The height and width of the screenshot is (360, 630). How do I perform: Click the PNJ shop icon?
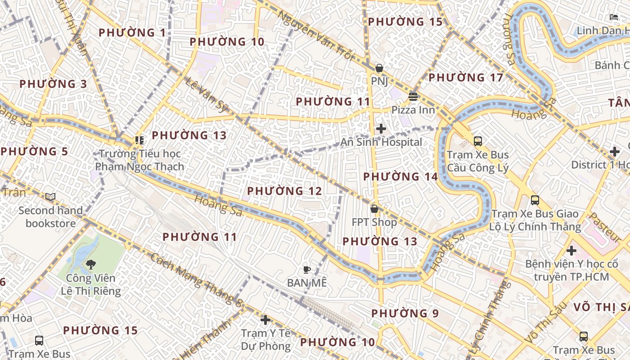click(x=379, y=68)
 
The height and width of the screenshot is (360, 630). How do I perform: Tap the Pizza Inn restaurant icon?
click(x=413, y=97)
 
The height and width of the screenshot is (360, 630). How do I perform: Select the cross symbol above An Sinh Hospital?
click(x=381, y=129)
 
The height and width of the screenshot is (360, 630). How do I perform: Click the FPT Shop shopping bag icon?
click(x=374, y=209)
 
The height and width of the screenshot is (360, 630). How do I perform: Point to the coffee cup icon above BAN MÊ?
click(x=306, y=270)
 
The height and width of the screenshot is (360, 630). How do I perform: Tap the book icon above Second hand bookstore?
click(x=50, y=197)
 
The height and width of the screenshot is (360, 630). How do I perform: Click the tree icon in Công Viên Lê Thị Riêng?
click(x=91, y=264)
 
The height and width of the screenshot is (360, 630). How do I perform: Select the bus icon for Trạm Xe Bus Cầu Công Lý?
click(x=478, y=141)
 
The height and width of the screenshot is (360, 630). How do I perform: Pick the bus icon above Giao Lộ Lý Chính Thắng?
click(x=535, y=200)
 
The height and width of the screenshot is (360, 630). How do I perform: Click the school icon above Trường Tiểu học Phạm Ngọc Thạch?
click(x=139, y=140)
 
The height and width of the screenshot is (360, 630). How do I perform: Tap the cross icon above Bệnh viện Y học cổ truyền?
click(x=571, y=250)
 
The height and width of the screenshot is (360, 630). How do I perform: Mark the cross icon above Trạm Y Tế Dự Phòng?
click(x=265, y=320)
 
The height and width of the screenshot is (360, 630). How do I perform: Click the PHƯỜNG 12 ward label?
click(x=284, y=191)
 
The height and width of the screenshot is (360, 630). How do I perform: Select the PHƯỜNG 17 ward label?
click(x=466, y=78)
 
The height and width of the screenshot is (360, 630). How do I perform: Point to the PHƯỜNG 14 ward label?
click(x=400, y=177)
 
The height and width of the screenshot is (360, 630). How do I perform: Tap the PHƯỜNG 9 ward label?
click(x=405, y=313)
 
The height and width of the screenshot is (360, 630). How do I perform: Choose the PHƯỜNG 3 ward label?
click(x=53, y=84)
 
